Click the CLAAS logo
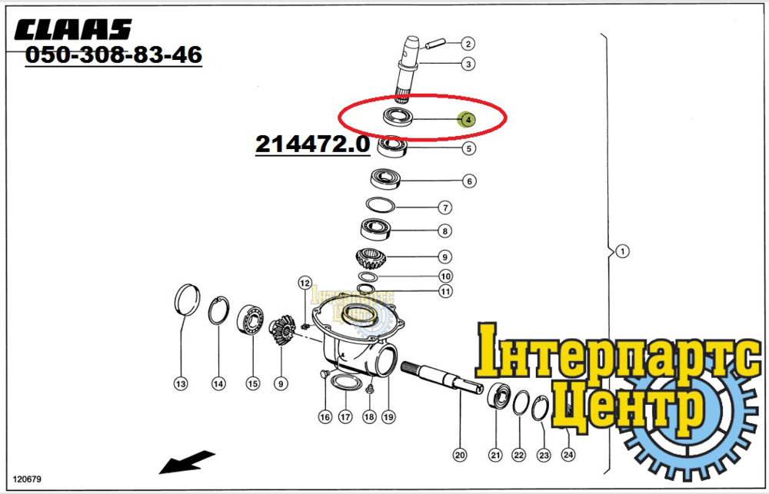(73, 29)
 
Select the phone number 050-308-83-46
(113, 55)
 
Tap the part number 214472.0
(312, 144)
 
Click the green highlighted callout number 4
(467, 119)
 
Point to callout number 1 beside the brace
(622, 251)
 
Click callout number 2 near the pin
(468, 44)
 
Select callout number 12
(305, 283)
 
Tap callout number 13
(181, 383)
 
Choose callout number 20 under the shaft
(460, 456)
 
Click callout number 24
(568, 455)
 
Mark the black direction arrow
(187, 463)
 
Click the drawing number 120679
(27, 479)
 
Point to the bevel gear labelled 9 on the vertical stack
(371, 258)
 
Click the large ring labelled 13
(188, 300)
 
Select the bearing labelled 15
(251, 320)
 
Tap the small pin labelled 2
(435, 44)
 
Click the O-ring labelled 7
(381, 205)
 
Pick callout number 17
(345, 416)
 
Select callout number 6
(469, 181)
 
